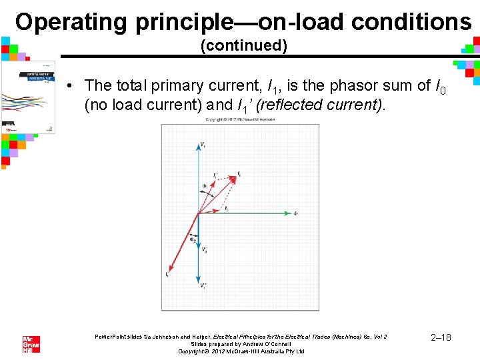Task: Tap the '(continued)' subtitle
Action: pyautogui.click(x=244, y=46)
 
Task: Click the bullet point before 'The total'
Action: pyautogui.click(x=69, y=86)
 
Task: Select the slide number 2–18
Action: pyautogui.click(x=441, y=337)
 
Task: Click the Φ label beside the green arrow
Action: pyautogui.click(x=295, y=214)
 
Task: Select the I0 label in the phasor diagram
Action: pyautogui.click(x=226, y=209)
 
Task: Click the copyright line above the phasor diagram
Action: pyautogui.click(x=240, y=120)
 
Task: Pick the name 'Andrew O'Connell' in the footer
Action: pyautogui.click(x=267, y=344)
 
